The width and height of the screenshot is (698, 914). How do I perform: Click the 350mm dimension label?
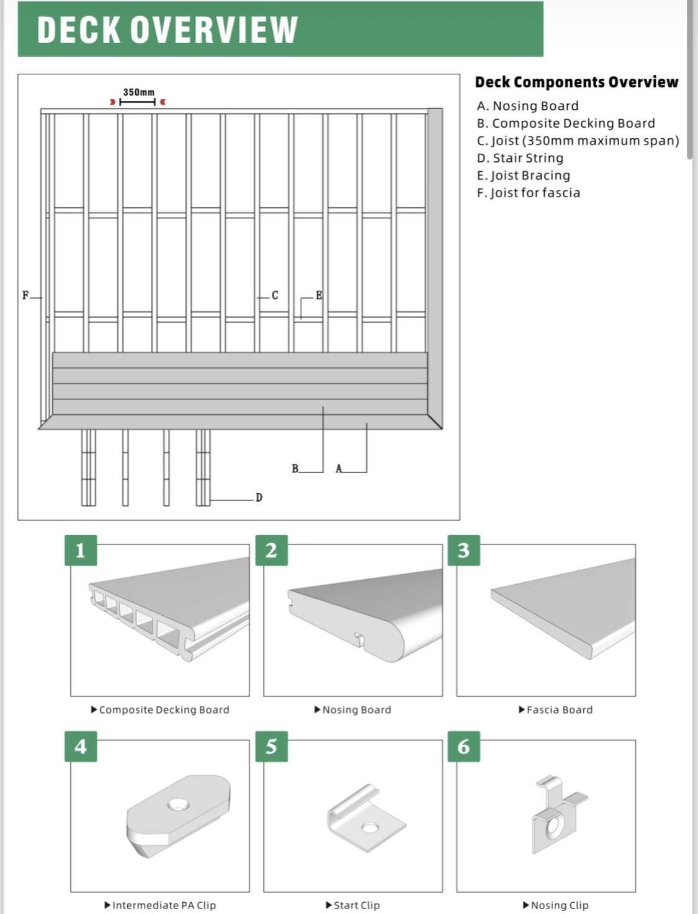pyautogui.click(x=138, y=92)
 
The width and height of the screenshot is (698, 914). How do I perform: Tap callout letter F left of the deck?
pyautogui.click(x=25, y=296)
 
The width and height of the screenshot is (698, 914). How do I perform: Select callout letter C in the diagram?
pyautogui.click(x=275, y=296)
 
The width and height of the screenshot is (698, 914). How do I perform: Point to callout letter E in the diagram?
pyautogui.click(x=319, y=295)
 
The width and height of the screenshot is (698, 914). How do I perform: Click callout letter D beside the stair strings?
pyautogui.click(x=259, y=498)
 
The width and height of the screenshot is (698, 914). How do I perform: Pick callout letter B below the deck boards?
pyautogui.click(x=295, y=469)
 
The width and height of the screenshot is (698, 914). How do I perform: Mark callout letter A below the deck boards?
pyautogui.click(x=339, y=469)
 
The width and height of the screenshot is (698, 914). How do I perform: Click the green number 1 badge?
pyautogui.click(x=81, y=550)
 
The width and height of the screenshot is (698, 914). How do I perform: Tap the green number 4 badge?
pyautogui.click(x=81, y=746)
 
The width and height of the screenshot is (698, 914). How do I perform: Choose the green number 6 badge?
pyautogui.click(x=463, y=746)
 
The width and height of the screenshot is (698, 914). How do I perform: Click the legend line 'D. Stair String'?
pyautogui.click(x=520, y=158)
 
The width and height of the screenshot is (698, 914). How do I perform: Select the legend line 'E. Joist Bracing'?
pyautogui.click(x=523, y=175)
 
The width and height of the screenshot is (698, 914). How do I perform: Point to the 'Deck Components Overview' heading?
pyautogui.click(x=576, y=82)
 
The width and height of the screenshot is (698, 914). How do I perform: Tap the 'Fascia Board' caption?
pyautogui.click(x=559, y=710)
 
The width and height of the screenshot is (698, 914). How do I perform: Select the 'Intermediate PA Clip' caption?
pyautogui.click(x=164, y=905)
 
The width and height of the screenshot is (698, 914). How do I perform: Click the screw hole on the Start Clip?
pyautogui.click(x=370, y=828)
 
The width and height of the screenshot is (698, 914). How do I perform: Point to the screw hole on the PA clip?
pyautogui.click(x=177, y=804)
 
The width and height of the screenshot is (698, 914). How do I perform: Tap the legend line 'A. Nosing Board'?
pyautogui.click(x=527, y=106)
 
